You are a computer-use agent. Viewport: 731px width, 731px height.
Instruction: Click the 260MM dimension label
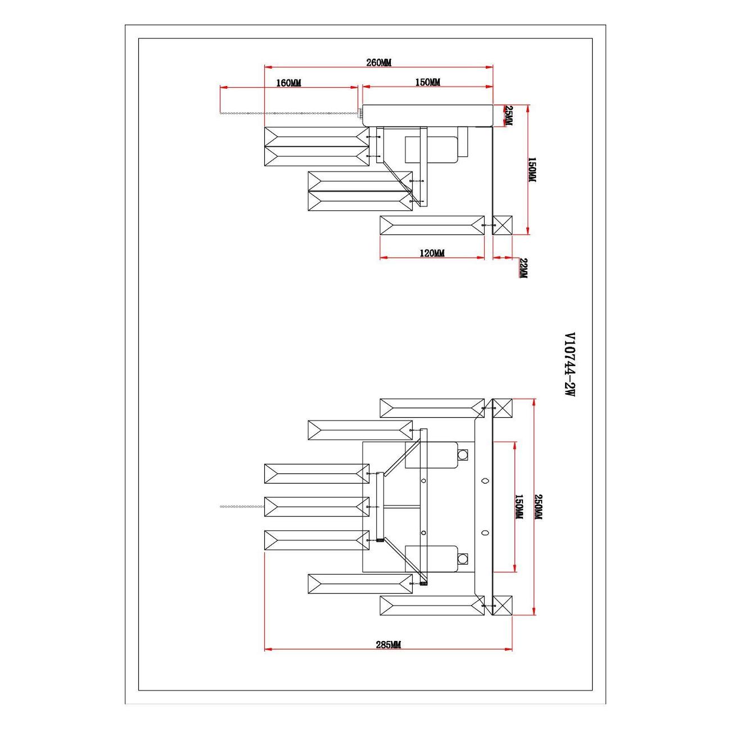click(x=378, y=62)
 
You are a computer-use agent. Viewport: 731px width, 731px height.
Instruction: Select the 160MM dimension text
click(x=288, y=83)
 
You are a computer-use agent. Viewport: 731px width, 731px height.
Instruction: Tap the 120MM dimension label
click(x=432, y=253)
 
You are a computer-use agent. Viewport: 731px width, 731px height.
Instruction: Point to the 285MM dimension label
click(x=388, y=644)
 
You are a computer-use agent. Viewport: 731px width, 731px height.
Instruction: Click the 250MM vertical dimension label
click(x=538, y=507)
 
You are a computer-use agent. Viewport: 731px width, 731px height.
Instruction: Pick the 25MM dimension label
click(x=508, y=116)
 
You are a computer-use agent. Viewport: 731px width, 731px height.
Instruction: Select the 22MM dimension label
click(x=522, y=268)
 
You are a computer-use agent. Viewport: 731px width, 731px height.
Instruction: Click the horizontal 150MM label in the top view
click(x=427, y=83)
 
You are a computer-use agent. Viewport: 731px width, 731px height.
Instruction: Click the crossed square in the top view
click(x=503, y=225)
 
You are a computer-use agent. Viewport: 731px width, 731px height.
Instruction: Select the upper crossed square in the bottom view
click(x=503, y=408)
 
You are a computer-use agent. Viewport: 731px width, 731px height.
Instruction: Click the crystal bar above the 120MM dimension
click(x=432, y=225)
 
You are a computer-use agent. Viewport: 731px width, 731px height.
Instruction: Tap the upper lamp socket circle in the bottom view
click(x=463, y=454)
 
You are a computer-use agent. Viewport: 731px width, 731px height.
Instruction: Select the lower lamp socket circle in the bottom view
click(x=463, y=558)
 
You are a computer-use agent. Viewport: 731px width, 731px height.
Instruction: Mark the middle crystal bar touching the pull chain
click(x=317, y=507)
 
